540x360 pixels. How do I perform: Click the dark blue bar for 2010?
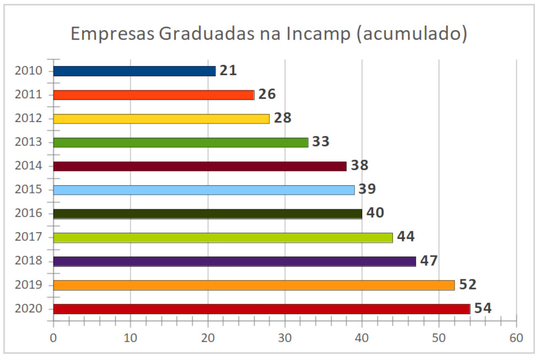[x=134, y=71]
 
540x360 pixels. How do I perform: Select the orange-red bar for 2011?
[x=153, y=95]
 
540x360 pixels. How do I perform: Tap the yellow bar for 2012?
[x=161, y=119]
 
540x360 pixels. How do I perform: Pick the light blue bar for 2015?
[x=203, y=190]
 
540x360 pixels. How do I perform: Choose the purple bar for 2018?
[x=234, y=261]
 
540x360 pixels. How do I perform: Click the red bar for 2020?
[x=261, y=309]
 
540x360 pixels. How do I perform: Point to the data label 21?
[x=228, y=71]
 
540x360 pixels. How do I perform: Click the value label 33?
[x=321, y=142]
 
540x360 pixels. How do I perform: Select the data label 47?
[x=429, y=261]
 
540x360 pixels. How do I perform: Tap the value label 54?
[x=483, y=308]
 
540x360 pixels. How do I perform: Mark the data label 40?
[x=375, y=213]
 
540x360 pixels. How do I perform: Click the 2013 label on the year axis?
[x=29, y=142]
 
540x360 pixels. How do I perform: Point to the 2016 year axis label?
[x=29, y=213]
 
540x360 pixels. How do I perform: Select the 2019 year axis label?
[x=29, y=285]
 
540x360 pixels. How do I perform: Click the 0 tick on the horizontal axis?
[x=53, y=337]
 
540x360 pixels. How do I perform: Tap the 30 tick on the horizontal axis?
[x=284, y=337]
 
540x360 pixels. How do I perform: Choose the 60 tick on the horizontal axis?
[x=516, y=337]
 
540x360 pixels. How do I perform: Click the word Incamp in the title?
[x=318, y=34]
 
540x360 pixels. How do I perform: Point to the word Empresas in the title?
[x=112, y=34]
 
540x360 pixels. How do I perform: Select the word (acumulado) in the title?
[x=412, y=34]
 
